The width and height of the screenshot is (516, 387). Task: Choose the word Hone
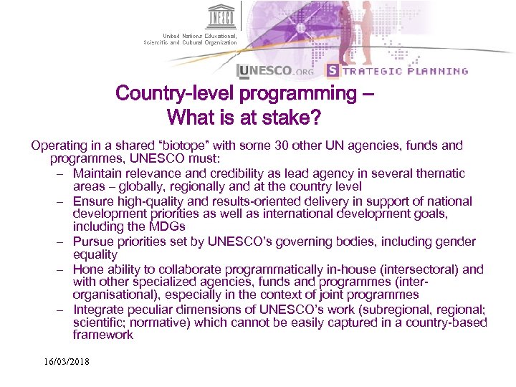(x=87, y=269)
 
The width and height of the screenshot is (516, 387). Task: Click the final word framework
(x=102, y=335)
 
